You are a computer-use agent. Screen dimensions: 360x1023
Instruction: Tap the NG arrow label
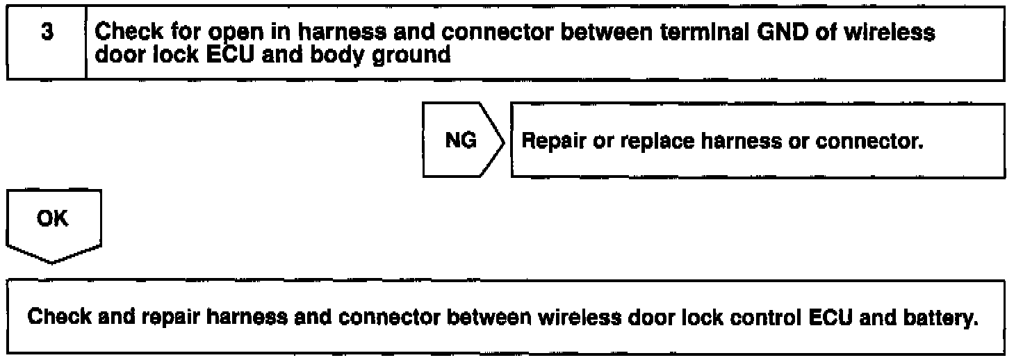[x=461, y=140]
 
